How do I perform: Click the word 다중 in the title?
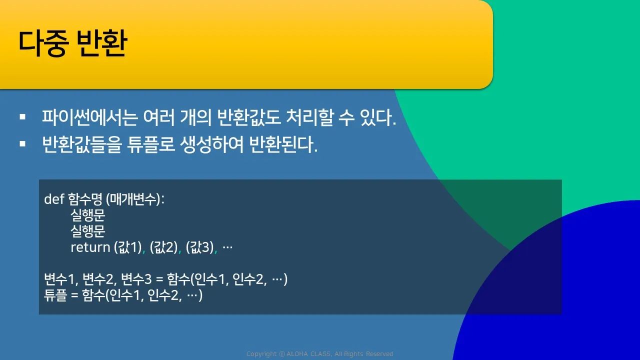[43, 43]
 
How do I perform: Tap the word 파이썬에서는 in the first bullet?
[90, 117]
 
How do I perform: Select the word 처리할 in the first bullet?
[309, 117]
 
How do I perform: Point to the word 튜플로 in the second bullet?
[150, 144]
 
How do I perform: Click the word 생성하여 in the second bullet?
[211, 144]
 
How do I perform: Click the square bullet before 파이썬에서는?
[22, 117]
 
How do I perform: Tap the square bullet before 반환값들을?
[22, 143]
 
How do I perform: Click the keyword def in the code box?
[54, 199]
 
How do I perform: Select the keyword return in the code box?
[90, 247]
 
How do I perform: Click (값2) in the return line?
[163, 247]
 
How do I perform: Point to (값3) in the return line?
[199, 247]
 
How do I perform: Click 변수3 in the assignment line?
[136, 279]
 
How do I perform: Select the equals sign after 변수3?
[159, 279]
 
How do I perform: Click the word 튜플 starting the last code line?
[55, 295]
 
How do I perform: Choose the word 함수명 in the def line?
[85, 199]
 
